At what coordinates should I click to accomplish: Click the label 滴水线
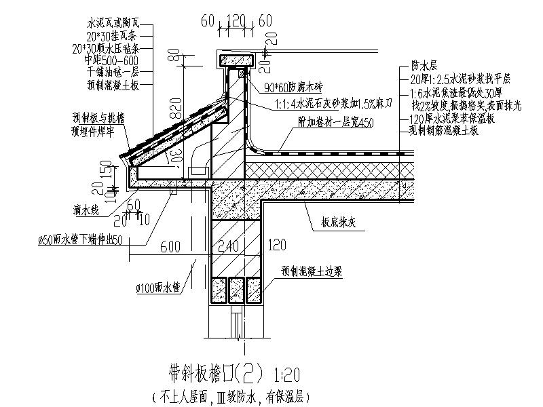point(86,211)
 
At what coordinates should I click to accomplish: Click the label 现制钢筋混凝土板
point(445,130)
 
